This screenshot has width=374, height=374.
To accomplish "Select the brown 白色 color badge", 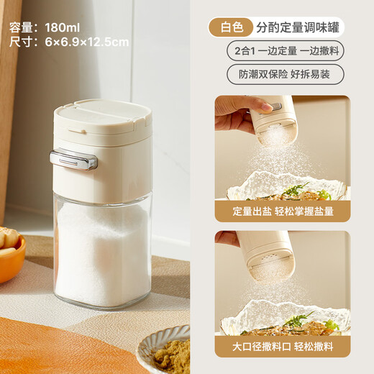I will pos(232,27).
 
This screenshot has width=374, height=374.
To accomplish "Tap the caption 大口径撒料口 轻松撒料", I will pos(283,347).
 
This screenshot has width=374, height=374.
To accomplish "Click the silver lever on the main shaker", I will pos(73,159).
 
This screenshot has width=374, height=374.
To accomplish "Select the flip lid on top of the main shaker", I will pos(102,116).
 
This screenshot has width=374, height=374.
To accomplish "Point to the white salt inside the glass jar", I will pos(102,252).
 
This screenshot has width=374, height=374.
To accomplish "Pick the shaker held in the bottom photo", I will pos(266,255).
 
